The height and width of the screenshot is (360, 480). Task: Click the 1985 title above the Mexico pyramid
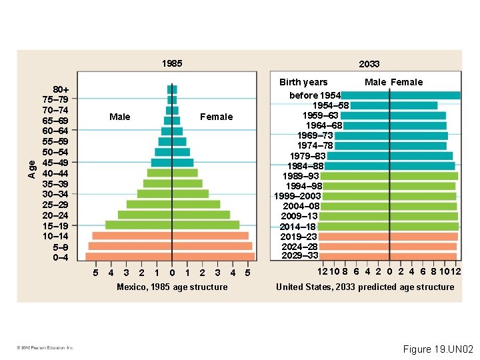[171, 63]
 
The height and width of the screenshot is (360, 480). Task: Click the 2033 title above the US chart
[369, 64]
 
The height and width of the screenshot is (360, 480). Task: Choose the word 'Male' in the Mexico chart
[119, 117]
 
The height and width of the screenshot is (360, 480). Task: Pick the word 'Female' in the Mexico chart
[217, 117]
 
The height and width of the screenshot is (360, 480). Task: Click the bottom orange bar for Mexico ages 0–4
[170, 257]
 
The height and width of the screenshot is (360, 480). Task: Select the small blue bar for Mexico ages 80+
[172, 89]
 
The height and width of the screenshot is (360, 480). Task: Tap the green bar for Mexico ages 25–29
[173, 205]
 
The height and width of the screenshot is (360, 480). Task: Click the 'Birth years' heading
[303, 82]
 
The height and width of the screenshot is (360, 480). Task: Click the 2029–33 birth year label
[300, 255]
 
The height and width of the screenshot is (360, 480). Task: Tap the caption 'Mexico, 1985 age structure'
[172, 287]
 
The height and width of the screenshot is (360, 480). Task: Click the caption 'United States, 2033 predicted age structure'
[365, 287]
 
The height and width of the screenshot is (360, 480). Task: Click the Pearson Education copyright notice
[45, 347]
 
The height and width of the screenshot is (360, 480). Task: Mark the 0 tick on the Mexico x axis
[172, 273]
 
